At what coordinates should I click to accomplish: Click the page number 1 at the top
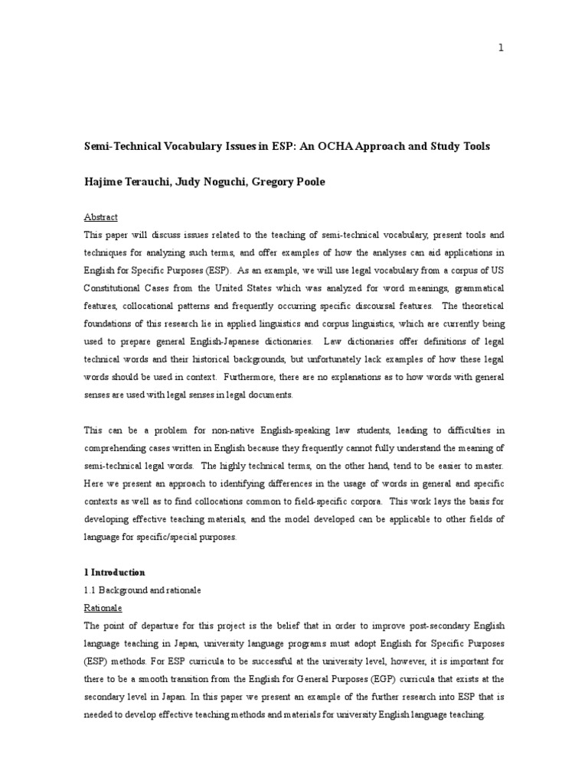501,48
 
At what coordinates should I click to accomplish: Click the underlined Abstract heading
100,217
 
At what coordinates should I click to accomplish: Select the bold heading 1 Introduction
114,572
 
